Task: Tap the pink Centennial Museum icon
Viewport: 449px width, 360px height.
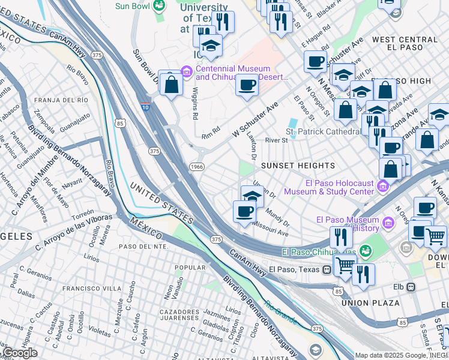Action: point(187,73)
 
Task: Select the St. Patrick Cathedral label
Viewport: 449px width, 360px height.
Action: point(322,131)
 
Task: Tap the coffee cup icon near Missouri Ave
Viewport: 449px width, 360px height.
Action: point(244,211)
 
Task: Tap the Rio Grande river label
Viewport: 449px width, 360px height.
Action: point(281,313)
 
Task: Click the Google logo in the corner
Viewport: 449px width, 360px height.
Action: point(20,352)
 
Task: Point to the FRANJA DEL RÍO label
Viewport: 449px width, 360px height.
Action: point(62,100)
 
